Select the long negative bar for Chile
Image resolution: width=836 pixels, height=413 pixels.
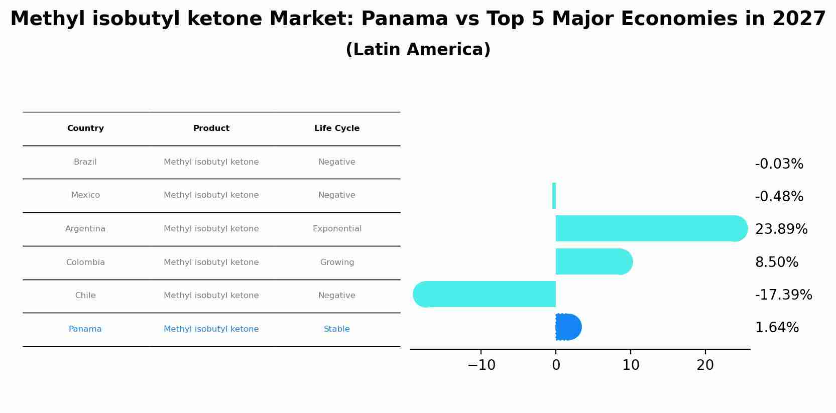tap(485, 294)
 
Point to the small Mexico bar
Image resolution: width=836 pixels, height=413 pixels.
tap(554, 196)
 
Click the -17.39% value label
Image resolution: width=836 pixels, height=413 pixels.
tap(783, 295)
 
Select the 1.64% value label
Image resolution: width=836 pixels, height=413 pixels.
tap(777, 328)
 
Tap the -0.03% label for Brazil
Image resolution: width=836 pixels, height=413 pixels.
tap(779, 164)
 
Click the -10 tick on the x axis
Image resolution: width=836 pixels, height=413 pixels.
tap(481, 365)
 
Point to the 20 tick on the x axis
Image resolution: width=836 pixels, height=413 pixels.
tap(705, 365)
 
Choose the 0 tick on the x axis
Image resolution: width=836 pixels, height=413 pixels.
tap(556, 365)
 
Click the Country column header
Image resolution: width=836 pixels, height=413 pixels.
tap(85, 128)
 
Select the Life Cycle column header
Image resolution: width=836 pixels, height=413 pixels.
tap(337, 128)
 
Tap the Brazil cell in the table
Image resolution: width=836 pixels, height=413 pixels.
tap(85, 162)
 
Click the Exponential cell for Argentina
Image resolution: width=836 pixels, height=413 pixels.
tap(337, 229)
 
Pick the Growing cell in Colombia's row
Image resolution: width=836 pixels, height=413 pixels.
tap(337, 262)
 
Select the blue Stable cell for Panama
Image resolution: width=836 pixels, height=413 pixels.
tap(337, 329)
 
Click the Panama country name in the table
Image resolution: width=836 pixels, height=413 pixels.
tap(85, 329)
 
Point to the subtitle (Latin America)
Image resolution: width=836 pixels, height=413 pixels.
tap(418, 50)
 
